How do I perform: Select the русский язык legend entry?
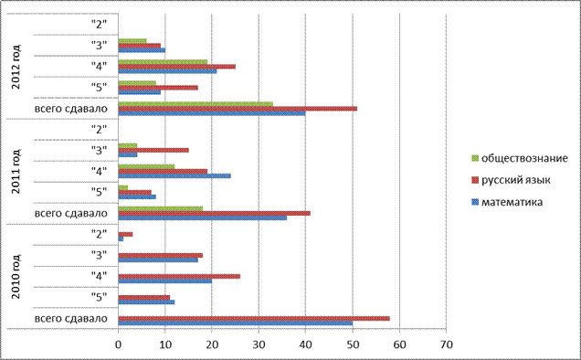(512, 180)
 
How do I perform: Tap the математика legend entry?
(507, 202)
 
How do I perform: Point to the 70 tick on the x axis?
(447, 344)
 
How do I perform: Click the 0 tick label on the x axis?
(118, 344)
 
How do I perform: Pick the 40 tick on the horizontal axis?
(306, 344)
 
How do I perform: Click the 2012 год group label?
(16, 67)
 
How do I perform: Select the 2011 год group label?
(16, 171)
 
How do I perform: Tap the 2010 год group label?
(16, 277)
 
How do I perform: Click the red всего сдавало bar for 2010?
(254, 319)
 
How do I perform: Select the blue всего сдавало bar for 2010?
(236, 323)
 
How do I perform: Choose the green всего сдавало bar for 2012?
(195, 104)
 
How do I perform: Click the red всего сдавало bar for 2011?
(214, 213)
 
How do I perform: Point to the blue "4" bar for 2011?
(174, 175)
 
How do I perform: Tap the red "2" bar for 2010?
(125, 234)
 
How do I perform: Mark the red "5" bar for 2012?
(158, 88)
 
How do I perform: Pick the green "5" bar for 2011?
(123, 187)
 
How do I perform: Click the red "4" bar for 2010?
(179, 276)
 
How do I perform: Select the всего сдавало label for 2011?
(70, 213)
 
